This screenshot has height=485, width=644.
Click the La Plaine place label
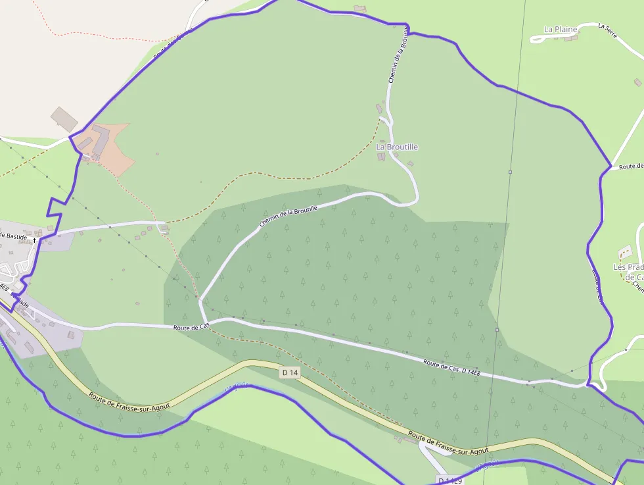point(561,29)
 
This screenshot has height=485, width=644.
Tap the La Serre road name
point(607,30)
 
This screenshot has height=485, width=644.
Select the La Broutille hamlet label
point(397,147)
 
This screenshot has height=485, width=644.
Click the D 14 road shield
point(290,372)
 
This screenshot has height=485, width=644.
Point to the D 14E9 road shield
point(449,480)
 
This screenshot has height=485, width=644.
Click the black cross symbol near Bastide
point(34,241)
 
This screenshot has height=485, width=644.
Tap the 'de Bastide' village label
point(13,235)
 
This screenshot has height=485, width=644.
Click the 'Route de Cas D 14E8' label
point(451,368)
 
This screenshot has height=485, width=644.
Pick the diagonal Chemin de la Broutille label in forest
point(288,217)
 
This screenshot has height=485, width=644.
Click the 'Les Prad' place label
point(628,267)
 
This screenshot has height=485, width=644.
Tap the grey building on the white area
point(64,118)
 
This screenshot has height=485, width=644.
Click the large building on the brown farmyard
point(100,140)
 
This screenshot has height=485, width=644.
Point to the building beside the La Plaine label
point(572,38)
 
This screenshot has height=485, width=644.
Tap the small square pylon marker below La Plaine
point(510,172)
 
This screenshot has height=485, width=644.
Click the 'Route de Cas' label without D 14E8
point(191,326)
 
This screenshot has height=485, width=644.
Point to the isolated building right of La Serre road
point(637,82)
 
